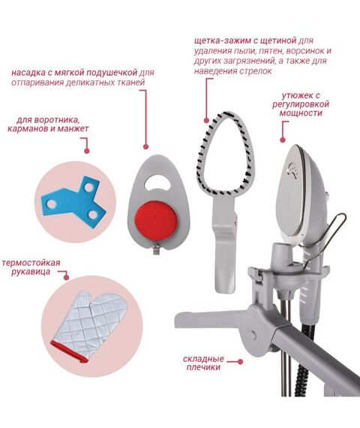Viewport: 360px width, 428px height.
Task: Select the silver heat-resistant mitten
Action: point(89,326)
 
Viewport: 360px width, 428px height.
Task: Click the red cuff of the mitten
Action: point(69,351)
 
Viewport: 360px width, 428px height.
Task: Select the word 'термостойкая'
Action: point(31,263)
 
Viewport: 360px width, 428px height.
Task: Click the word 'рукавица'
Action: point(31,272)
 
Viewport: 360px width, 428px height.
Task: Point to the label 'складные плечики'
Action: point(203,363)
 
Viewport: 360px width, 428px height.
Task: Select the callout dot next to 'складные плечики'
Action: point(240,362)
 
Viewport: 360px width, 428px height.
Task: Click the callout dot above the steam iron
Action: point(283,140)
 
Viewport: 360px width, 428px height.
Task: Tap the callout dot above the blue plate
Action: point(87,151)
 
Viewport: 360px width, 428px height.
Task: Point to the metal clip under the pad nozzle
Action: point(156,249)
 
